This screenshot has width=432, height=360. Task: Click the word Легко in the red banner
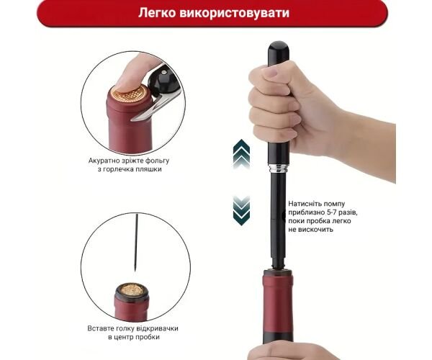[157, 13]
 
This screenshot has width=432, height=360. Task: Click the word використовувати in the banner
[235, 13]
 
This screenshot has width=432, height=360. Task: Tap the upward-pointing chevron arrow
[242, 153]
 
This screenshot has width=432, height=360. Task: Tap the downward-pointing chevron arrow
[242, 211]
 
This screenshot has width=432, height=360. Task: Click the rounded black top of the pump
[279, 53]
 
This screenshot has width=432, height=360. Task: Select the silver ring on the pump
[279, 168]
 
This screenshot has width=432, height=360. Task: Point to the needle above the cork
[136, 243]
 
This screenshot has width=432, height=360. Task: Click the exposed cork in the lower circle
[132, 289]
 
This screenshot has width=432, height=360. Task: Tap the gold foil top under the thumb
[130, 94]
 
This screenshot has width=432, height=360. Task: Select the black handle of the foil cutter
[163, 81]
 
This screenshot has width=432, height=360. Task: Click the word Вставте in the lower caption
[99, 328]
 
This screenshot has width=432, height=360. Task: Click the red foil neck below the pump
[278, 303]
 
